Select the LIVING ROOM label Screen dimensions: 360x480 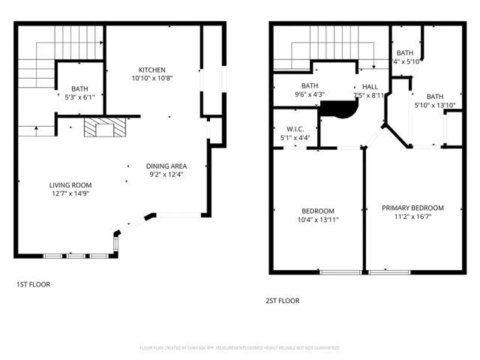coord(70,184)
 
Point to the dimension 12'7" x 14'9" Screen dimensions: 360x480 coord(70,193)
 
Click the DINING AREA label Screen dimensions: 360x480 coord(166,166)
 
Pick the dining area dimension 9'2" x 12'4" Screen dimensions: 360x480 coord(166,175)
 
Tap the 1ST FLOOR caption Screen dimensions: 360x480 coord(33,284)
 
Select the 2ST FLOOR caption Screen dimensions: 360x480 coord(282,300)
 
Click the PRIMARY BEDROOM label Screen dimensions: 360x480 coord(412,208)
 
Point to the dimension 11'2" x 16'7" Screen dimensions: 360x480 coord(412,217)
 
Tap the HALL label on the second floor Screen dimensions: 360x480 coord(370,86)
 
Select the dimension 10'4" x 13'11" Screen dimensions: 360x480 coord(318,220)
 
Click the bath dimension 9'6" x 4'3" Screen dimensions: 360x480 coord(310,95)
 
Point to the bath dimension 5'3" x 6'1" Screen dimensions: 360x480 coord(79,97)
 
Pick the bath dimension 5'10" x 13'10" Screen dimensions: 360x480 coord(436,106)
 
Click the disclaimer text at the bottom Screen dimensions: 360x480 coord(240,348)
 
